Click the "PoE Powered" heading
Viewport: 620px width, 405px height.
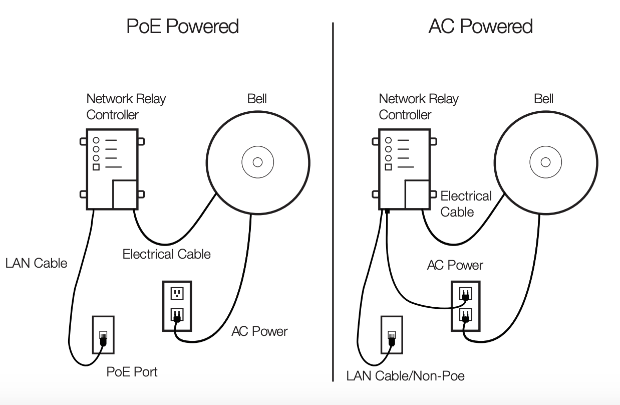tap(182, 26)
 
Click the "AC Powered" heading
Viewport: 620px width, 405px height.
tap(480, 26)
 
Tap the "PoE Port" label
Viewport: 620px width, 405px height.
tap(132, 372)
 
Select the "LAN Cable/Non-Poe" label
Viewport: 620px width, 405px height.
tap(405, 375)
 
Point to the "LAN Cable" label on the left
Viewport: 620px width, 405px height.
tap(36, 263)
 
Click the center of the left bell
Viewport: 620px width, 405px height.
tap(257, 162)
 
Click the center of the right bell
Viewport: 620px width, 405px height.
tap(545, 162)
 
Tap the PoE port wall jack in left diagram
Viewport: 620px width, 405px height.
tap(103, 334)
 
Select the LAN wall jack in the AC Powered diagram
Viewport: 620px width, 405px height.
tap(392, 334)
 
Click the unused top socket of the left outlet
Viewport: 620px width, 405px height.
tap(176, 293)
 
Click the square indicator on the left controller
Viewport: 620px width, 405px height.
tap(96, 167)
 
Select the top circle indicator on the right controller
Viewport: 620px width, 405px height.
tap(388, 140)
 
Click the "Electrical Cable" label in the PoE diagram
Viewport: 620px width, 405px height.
tap(166, 254)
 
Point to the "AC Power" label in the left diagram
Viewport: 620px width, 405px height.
tap(259, 331)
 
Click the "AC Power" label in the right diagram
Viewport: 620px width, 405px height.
tap(455, 265)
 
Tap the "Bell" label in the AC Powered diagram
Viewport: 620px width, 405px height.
tap(543, 99)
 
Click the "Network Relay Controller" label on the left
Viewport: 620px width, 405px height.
tap(125, 107)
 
